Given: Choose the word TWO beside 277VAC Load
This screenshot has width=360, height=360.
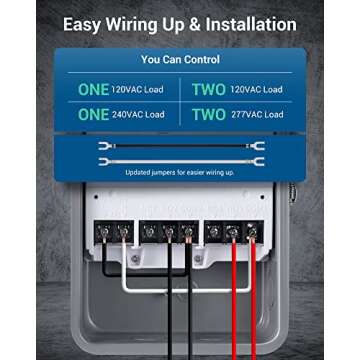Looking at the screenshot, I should point(208,114).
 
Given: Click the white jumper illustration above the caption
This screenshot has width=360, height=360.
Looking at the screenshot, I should point(180,160).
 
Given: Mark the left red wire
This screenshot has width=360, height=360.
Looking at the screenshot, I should point(236,300).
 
